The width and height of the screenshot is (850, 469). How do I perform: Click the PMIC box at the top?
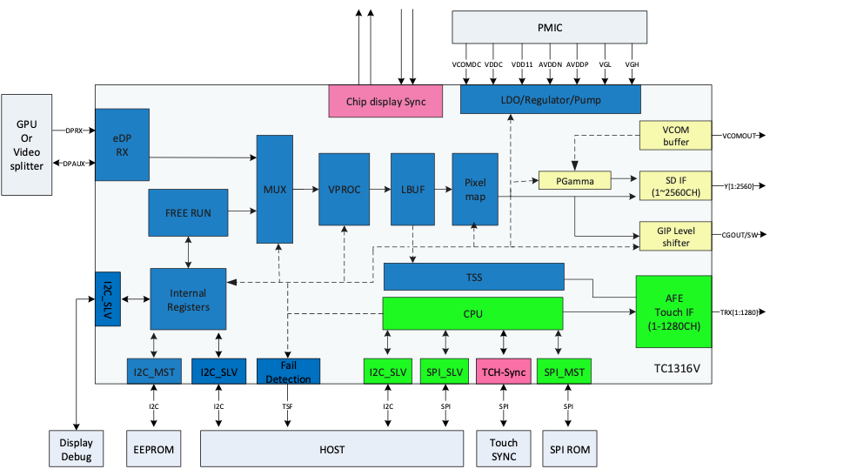(x=549, y=27)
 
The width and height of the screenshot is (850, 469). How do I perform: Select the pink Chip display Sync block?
(x=385, y=101)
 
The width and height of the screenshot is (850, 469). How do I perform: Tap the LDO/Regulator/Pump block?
(x=550, y=99)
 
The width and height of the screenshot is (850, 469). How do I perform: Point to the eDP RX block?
(x=122, y=145)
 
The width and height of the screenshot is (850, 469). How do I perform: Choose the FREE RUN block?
(x=188, y=212)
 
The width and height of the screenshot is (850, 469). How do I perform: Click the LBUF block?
(x=412, y=190)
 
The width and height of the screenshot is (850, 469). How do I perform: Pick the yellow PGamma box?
(x=574, y=181)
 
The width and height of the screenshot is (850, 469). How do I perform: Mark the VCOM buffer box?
(x=675, y=135)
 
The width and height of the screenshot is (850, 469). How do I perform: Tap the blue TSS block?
(x=473, y=278)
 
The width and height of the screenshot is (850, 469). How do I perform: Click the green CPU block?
(x=473, y=313)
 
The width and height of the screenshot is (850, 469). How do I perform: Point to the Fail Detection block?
(x=288, y=372)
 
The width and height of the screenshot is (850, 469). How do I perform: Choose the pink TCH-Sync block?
(x=503, y=372)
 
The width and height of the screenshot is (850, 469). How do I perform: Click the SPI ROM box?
(x=571, y=449)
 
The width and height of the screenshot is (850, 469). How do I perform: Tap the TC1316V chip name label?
(x=677, y=369)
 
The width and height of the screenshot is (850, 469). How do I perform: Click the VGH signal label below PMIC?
(x=632, y=64)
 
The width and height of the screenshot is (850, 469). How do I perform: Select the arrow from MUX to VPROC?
(x=305, y=190)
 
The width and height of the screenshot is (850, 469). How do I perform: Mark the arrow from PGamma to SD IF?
(x=625, y=181)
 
